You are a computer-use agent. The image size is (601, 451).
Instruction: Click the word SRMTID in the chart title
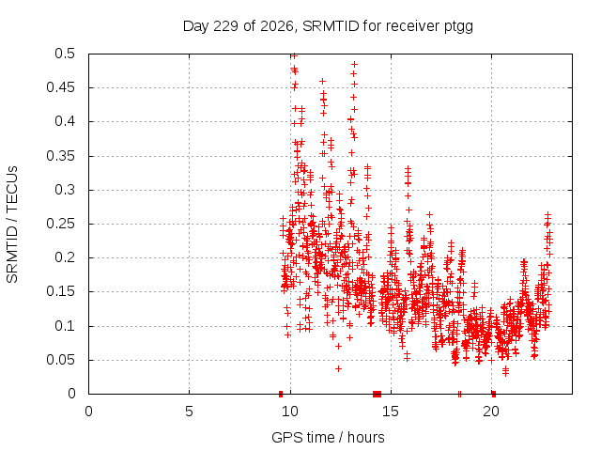click(331, 26)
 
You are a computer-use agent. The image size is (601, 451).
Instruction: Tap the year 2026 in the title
click(276, 26)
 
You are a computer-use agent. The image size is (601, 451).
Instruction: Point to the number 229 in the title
click(225, 26)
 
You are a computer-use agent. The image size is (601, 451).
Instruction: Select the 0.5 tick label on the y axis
click(65, 54)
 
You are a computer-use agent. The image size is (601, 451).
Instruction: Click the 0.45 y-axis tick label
click(61, 87)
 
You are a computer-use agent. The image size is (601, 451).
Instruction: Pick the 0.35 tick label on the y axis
click(61, 156)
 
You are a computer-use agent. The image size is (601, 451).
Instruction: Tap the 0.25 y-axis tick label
click(61, 224)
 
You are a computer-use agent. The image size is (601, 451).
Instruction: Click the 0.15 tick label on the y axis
click(61, 291)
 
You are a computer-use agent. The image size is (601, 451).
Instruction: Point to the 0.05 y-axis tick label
click(61, 360)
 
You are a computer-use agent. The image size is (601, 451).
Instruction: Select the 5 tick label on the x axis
click(189, 412)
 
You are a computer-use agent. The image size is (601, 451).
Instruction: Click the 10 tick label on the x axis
click(290, 412)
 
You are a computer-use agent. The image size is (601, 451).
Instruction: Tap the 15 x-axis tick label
click(391, 412)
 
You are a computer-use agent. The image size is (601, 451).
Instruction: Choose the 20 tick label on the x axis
click(491, 412)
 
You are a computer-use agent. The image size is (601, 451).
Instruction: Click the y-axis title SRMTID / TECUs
click(12, 225)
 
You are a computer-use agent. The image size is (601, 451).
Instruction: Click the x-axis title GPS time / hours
click(328, 437)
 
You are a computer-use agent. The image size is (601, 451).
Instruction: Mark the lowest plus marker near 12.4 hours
click(338, 369)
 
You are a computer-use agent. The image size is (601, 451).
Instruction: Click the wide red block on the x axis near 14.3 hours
click(378, 394)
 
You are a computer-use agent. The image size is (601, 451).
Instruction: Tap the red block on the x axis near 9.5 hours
click(281, 394)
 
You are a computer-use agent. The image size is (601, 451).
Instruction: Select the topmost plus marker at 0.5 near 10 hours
click(294, 56)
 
